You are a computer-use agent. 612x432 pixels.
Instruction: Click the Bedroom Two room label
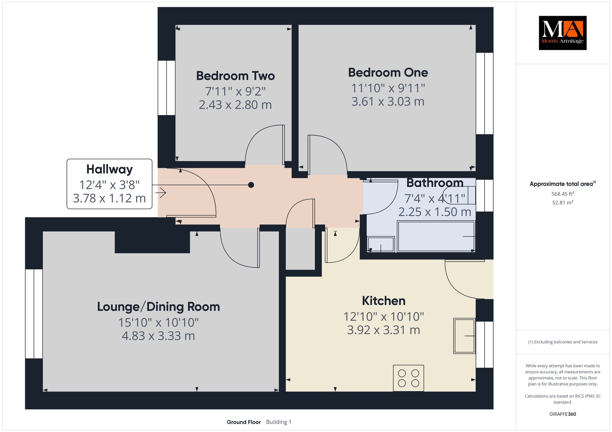tap(235, 76)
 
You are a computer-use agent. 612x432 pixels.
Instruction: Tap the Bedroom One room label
tap(388, 72)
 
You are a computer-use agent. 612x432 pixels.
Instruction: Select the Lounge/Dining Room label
tap(158, 307)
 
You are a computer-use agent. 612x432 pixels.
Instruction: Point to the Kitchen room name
tap(384, 301)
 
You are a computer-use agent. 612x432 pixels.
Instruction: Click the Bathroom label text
tap(435, 183)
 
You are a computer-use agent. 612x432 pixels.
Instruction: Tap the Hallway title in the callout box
tap(109, 169)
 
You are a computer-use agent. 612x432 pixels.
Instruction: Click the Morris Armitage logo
tap(563, 33)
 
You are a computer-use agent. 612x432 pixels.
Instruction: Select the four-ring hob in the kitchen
tap(408, 378)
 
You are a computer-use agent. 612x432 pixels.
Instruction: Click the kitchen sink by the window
tap(464, 336)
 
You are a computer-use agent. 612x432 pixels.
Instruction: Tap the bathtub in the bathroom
tap(436, 236)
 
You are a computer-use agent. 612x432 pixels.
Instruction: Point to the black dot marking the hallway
tap(251, 185)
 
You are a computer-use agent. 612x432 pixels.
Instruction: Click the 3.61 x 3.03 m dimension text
tap(388, 102)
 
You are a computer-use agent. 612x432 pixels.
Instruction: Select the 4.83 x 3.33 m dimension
tap(158, 336)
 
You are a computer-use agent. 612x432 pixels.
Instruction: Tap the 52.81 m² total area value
tap(563, 203)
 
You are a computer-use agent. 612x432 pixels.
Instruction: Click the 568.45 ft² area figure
tap(563, 194)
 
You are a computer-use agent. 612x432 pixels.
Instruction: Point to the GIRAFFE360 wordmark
tap(563, 414)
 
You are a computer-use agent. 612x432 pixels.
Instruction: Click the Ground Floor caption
tap(244, 422)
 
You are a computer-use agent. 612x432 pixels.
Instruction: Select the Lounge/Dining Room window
tap(34, 314)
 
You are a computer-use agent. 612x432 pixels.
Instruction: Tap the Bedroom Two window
tap(166, 88)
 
